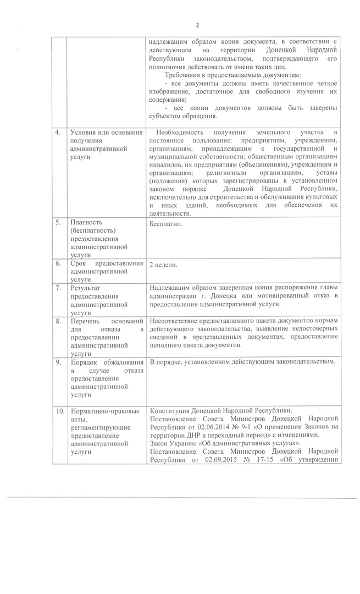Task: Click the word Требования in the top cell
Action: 185,75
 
